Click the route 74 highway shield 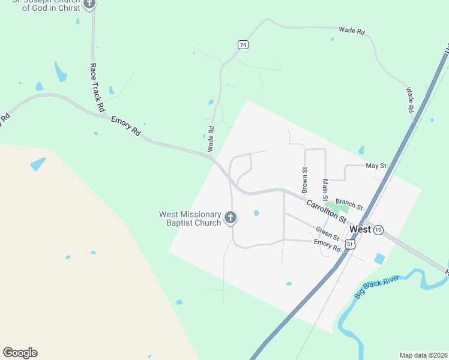coord(243,45)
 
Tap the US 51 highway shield coord(350,244)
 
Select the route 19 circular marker coord(378,230)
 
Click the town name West coord(360,229)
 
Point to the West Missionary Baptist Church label coord(190,218)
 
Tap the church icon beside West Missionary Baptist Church coord(231,218)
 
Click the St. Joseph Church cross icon coord(89,4)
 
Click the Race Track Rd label coord(97,88)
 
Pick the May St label coord(375,166)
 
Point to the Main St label coord(325,190)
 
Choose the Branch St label coord(349,205)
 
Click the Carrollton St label coord(326,212)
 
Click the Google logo coord(20,353)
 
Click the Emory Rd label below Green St coord(327,245)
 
